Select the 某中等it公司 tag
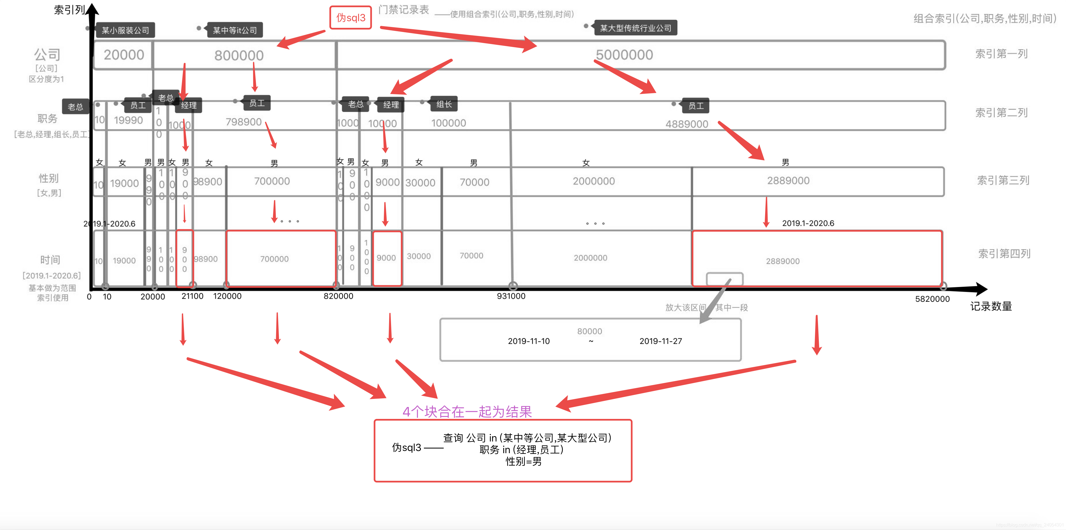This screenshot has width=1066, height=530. pyautogui.click(x=235, y=30)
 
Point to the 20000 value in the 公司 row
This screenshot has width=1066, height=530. pyautogui.click(x=124, y=55)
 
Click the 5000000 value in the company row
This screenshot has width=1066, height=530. pyautogui.click(x=624, y=55)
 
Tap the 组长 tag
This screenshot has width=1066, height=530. pyautogui.click(x=444, y=104)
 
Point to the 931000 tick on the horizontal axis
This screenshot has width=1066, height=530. pyautogui.click(x=511, y=296)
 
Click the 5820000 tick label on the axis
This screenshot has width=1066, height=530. pyautogui.click(x=932, y=299)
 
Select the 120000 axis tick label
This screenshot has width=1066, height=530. pyautogui.click(x=227, y=296)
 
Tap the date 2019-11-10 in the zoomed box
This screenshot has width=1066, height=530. pyautogui.click(x=529, y=341)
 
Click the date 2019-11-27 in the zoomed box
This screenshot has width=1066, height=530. pyautogui.click(x=660, y=341)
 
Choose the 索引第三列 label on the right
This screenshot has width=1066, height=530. pyautogui.click(x=1003, y=180)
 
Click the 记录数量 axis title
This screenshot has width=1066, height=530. pyautogui.click(x=991, y=306)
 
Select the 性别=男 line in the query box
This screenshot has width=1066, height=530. pyautogui.click(x=524, y=461)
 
